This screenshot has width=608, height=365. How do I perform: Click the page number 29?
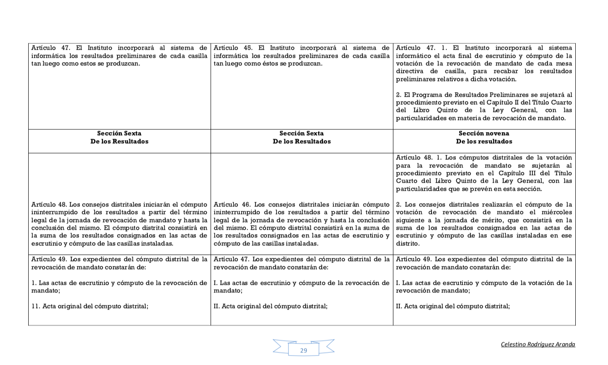[303, 350]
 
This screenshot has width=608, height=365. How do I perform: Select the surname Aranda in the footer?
[564, 344]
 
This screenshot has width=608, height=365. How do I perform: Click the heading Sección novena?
[483, 133]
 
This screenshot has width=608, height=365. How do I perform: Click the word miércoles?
[556, 212]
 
